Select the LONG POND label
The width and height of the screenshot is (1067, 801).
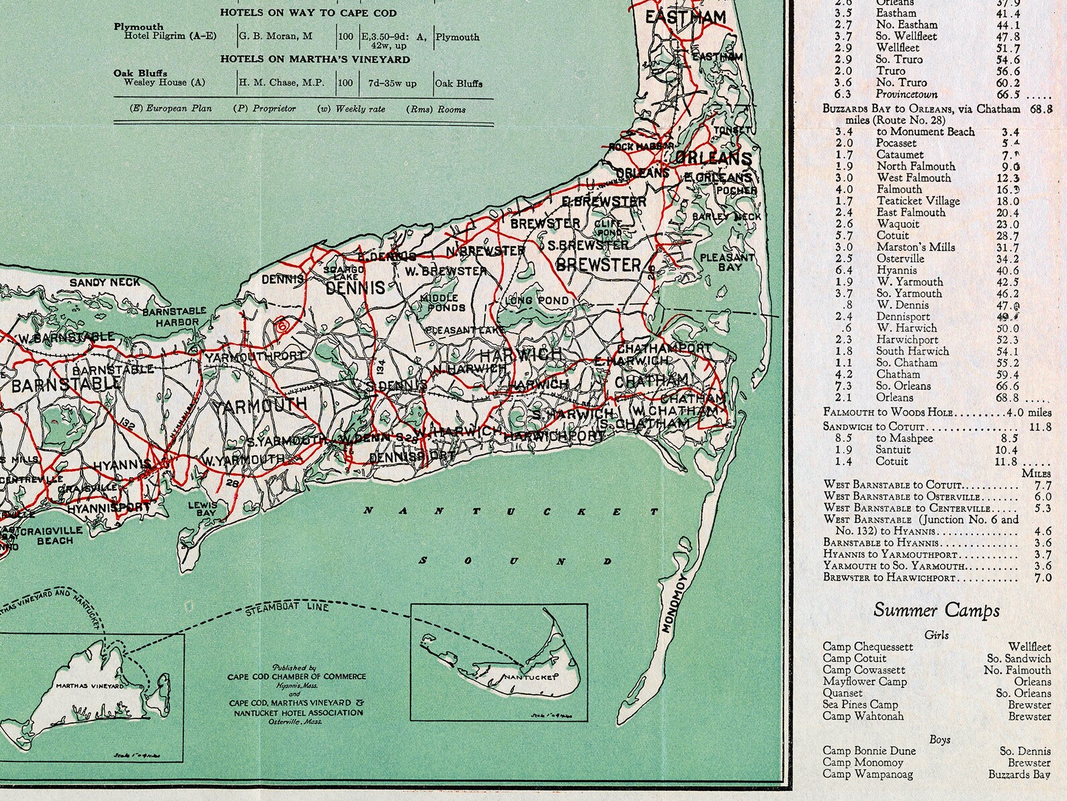[x=540, y=301]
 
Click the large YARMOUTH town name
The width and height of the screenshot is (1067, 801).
[x=259, y=405]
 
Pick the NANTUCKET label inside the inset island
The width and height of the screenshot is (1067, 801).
[x=531, y=677]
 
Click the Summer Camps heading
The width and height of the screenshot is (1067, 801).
[x=936, y=610]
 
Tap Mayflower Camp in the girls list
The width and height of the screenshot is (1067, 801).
[x=864, y=681]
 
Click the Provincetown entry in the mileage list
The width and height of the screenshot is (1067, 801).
[x=906, y=94]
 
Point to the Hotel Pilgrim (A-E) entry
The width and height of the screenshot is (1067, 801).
[x=171, y=36]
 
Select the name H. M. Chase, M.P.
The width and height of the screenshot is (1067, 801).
[x=282, y=83]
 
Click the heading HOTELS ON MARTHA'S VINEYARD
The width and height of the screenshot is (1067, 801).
[x=314, y=59]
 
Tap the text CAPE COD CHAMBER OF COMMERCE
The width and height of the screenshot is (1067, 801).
[x=295, y=676]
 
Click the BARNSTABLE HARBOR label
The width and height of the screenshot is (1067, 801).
[x=170, y=317]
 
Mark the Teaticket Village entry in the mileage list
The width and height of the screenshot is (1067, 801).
[x=918, y=201]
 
